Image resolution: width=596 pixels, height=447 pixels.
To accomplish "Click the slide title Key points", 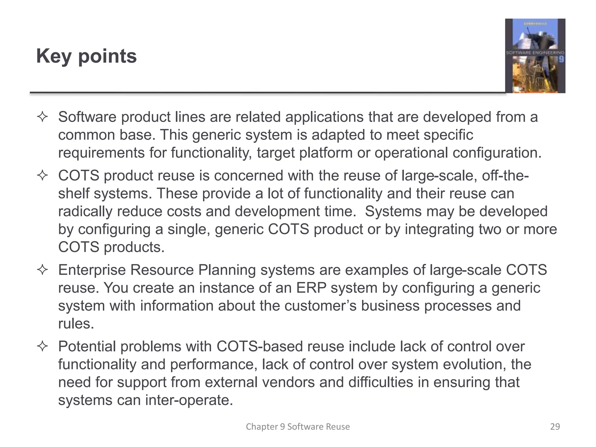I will point(86,56).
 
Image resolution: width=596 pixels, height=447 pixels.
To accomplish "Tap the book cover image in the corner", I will point(535,56).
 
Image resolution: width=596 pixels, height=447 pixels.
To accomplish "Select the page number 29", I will point(555,427).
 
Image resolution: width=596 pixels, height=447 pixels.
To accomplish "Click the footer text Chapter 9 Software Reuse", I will point(298,427).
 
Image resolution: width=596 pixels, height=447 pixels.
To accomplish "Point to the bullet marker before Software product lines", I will point(42,117).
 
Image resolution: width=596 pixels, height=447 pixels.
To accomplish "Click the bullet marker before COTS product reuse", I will point(42,176).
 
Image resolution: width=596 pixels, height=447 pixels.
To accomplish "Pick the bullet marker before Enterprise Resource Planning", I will point(42,270).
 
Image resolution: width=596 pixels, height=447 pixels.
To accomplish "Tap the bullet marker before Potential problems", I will point(42,347).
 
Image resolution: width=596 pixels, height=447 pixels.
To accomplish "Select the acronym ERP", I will point(311,288).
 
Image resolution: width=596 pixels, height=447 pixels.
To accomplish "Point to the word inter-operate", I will point(189,400).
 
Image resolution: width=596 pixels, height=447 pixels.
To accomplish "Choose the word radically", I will point(85,212).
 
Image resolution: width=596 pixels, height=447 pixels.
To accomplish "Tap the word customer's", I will point(320,306).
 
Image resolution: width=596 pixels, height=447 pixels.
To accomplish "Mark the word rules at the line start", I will point(76,324).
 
